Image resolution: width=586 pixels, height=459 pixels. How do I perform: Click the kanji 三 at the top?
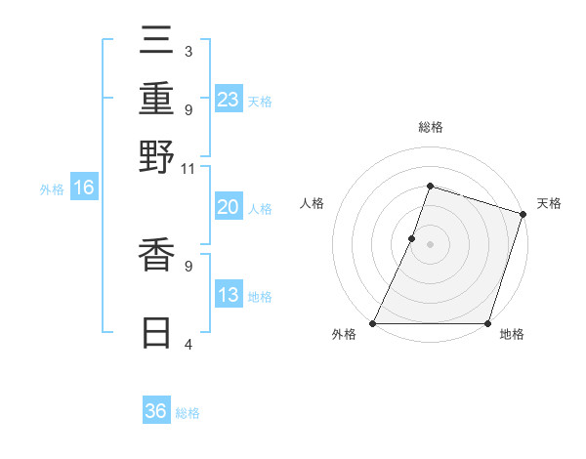(156, 44)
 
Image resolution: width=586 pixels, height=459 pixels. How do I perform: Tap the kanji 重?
(156, 101)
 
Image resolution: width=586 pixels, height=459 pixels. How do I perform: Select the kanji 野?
(156, 159)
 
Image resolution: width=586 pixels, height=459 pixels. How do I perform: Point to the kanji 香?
(156, 258)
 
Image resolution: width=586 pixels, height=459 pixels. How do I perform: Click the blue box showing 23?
(229, 100)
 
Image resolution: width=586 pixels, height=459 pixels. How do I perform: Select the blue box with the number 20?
(229, 207)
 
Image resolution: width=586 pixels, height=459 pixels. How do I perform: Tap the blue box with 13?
(229, 295)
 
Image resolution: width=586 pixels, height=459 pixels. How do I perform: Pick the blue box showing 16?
(84, 188)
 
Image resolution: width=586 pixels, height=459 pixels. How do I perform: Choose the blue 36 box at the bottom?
(156, 411)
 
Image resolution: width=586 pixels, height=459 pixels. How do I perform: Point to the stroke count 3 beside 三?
(188, 51)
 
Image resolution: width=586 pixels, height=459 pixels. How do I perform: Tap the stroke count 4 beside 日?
(188, 344)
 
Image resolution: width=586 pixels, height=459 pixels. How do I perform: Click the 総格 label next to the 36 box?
(188, 413)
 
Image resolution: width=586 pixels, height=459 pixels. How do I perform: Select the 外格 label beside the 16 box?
(52, 189)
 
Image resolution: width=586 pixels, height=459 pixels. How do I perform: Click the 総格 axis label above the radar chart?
(430, 127)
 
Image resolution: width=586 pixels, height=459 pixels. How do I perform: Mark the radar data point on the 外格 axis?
(373, 323)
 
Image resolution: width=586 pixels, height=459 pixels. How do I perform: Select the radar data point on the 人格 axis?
(412, 238)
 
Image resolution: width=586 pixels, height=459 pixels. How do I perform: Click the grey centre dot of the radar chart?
(430, 244)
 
